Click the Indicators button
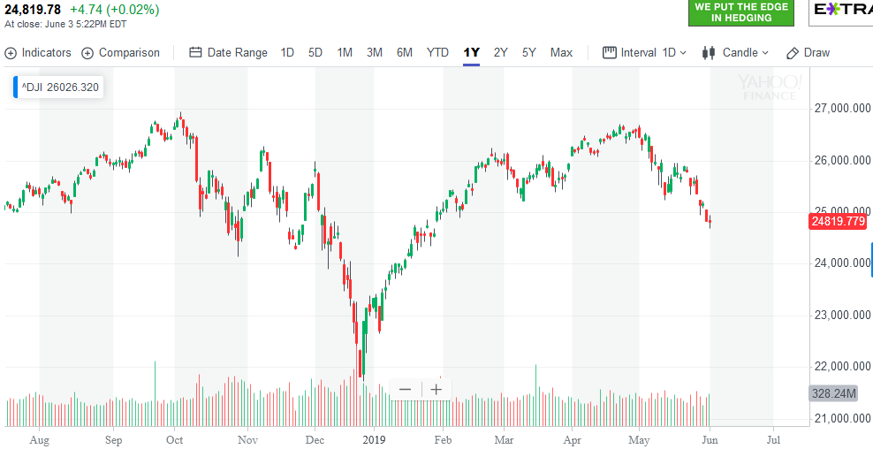[x=38, y=52]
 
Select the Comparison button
[x=121, y=52]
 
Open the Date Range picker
[x=228, y=52]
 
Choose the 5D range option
[x=315, y=52]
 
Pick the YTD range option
[x=437, y=52]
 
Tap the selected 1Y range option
[x=472, y=52]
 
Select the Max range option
[x=561, y=52]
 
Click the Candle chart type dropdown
[x=736, y=52]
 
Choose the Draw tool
[x=808, y=52]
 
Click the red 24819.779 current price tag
[x=837, y=221]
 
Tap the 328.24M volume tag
[x=834, y=393]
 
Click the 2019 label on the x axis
[x=376, y=438]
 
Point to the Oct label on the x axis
[x=175, y=438]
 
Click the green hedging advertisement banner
[x=740, y=11]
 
